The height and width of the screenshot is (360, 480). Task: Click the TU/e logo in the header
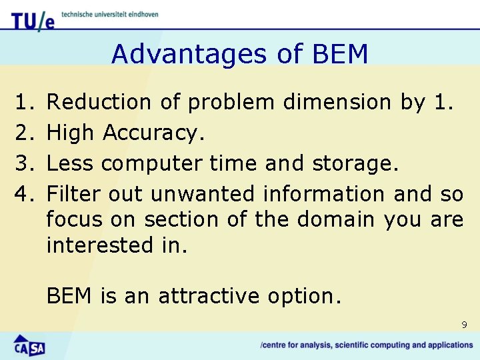click(x=32, y=21)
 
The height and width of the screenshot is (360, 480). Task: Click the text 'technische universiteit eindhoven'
click(x=109, y=14)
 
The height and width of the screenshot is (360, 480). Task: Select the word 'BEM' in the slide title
click(x=338, y=54)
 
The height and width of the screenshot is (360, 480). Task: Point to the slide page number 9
click(x=464, y=325)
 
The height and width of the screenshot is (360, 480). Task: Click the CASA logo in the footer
click(x=29, y=346)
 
